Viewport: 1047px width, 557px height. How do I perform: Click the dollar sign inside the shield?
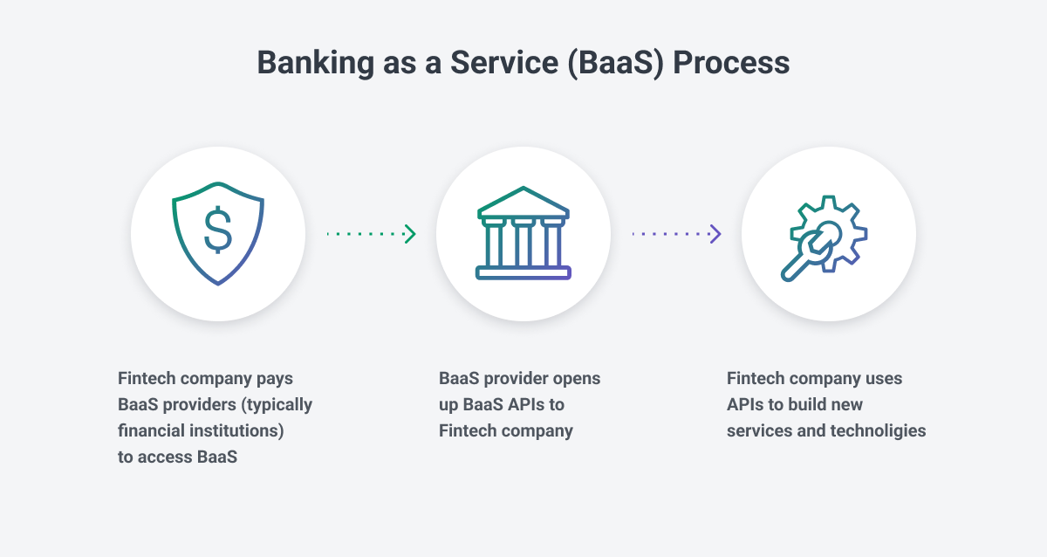click(218, 230)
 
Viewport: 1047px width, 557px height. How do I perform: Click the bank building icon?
click(523, 234)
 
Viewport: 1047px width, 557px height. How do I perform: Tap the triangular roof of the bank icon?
click(523, 202)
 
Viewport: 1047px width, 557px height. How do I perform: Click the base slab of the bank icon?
click(523, 272)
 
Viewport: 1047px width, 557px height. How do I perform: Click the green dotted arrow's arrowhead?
click(409, 234)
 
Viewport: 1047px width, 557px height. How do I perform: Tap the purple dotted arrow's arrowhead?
click(715, 234)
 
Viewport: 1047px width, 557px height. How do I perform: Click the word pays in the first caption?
click(274, 379)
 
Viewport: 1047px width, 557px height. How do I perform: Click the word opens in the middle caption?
click(577, 379)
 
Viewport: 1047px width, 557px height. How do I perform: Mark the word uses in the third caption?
click(883, 379)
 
